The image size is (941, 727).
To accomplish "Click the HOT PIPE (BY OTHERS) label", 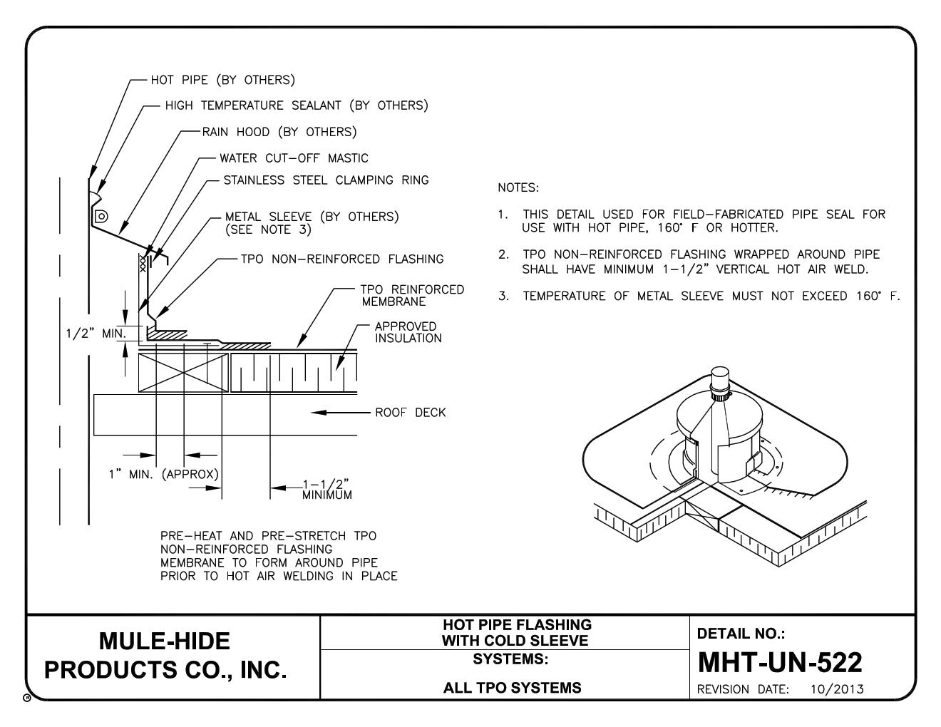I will tap(222, 80).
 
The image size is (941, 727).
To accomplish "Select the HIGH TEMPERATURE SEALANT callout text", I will tap(296, 105).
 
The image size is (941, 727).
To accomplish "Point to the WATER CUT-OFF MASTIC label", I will tap(294, 158).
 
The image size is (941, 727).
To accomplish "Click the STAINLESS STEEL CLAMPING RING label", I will tap(326, 180).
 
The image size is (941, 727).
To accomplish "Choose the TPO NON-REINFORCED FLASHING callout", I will tap(342, 259).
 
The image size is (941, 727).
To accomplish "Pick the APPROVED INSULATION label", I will tap(408, 332).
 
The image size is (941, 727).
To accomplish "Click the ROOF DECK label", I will tap(410, 413).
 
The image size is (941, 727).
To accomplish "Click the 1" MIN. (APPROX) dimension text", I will tap(163, 475).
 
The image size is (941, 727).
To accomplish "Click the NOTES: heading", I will tap(518, 188).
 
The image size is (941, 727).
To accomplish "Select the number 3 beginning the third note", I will tap(503, 297).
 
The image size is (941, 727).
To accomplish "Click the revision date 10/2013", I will tap(837, 689).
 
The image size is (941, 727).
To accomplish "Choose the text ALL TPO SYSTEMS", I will tap(512, 688).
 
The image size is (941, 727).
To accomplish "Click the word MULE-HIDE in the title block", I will tap(165, 641).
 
